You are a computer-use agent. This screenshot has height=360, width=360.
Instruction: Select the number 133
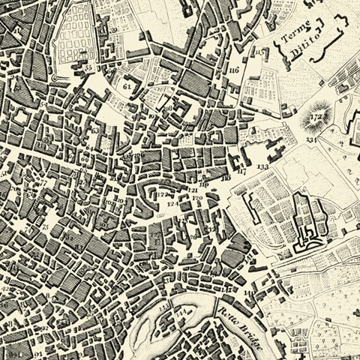coord(262,166)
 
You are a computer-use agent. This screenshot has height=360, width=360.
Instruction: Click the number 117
coord(241,172)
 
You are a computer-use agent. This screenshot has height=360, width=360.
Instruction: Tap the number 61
coord(126,87)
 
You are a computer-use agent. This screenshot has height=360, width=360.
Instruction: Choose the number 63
coord(94,130)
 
